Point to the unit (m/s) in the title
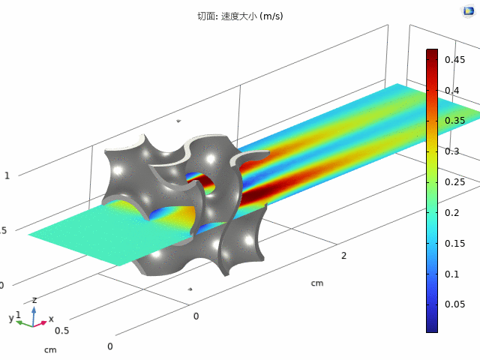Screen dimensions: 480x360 point(271,16)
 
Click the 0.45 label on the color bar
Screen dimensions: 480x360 point(454,60)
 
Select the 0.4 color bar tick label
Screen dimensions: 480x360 point(451,91)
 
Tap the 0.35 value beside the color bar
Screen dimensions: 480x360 point(454,121)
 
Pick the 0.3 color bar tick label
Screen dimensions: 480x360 point(451,151)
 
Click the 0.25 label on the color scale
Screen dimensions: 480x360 point(454,182)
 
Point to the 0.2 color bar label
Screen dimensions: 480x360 point(451,213)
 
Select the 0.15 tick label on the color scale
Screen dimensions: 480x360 point(454,244)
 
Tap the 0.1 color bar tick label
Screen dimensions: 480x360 point(451,274)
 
